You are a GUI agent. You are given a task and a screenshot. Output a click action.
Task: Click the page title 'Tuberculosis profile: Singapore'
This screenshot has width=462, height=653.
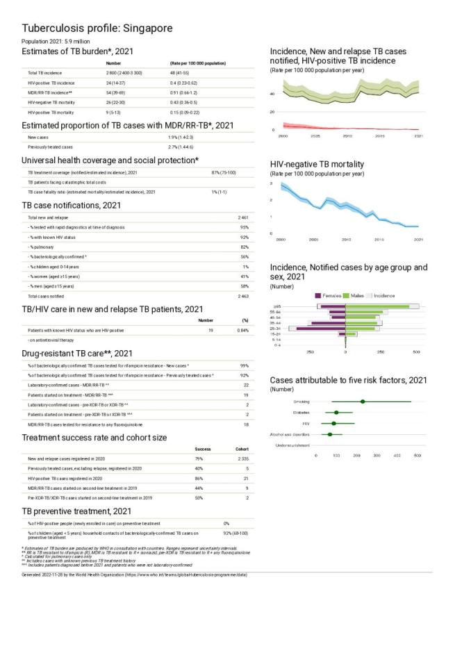tap(97, 28)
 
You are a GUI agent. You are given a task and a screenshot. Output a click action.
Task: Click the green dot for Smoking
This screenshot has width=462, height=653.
tap(363, 402)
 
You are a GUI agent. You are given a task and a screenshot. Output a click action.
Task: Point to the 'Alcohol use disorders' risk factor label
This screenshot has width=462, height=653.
tap(290, 434)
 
